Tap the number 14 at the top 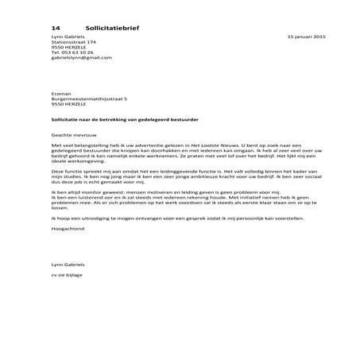coord(54,26)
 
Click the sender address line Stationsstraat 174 coord(73,42)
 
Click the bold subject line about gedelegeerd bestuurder coord(124,118)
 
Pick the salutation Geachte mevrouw coord(72,136)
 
